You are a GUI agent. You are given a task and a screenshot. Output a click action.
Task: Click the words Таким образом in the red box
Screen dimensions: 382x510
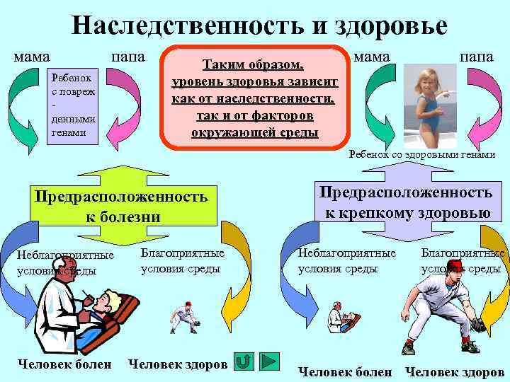pyautogui.click(x=254, y=65)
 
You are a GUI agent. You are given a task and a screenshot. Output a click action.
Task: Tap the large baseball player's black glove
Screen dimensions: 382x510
pyautogui.click(x=478, y=325)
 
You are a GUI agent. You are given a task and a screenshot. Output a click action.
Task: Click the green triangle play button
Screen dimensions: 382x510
pyautogui.click(x=270, y=362)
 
